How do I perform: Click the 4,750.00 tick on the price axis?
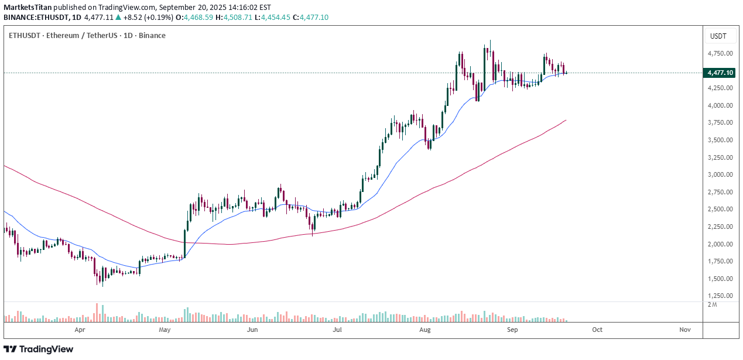(x=720, y=53)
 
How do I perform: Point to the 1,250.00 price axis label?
(x=720, y=296)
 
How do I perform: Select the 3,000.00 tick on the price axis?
(x=720, y=174)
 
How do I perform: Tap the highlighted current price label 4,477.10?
(x=720, y=73)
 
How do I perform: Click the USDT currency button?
(x=718, y=36)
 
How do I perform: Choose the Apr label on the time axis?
(x=80, y=330)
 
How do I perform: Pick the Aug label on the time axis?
(x=426, y=330)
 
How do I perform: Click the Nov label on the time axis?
(x=685, y=330)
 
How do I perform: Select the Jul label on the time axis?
(x=337, y=330)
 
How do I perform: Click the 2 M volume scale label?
(x=712, y=304)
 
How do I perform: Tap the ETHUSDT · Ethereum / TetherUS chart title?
(x=87, y=36)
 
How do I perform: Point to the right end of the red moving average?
(x=566, y=120)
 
